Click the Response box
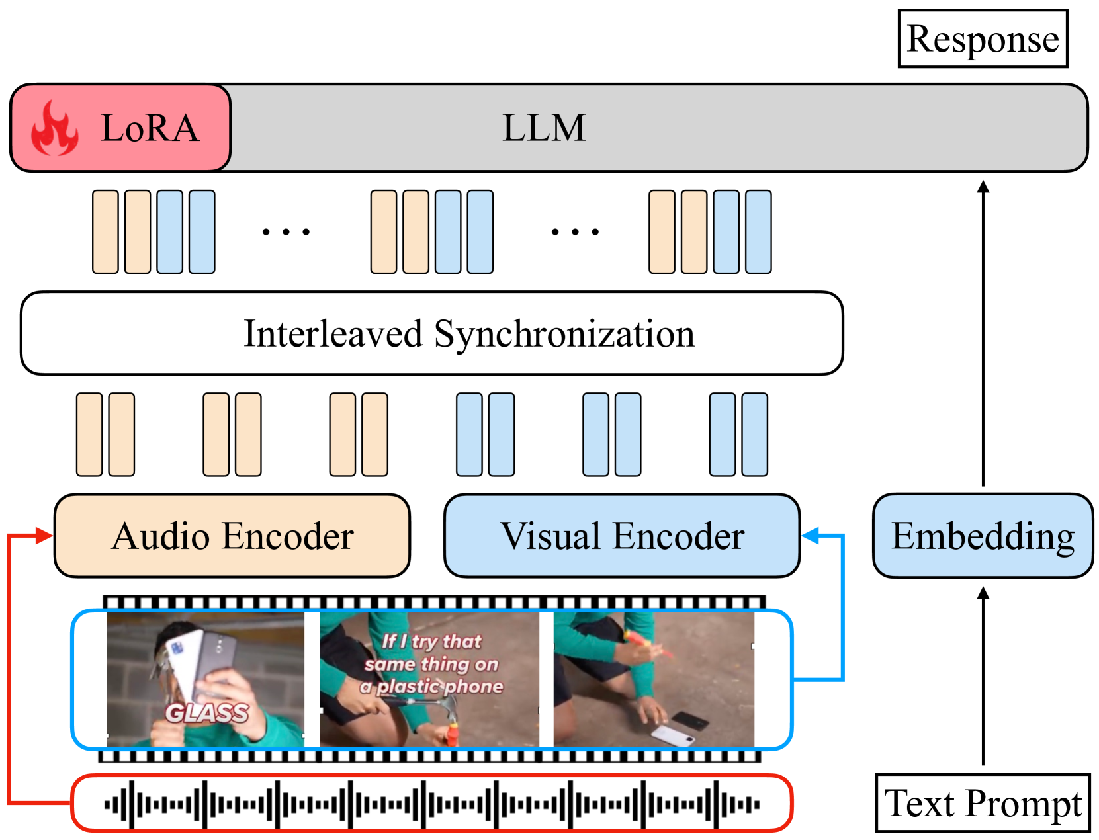point(983,38)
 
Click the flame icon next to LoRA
point(55,128)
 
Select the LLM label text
point(544,128)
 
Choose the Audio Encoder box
point(232,536)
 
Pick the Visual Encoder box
point(622,536)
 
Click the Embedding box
point(983,536)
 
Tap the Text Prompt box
point(983,803)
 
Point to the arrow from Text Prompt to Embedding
point(983,675)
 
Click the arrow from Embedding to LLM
point(983,331)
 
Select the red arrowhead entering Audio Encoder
point(44,535)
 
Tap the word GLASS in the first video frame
point(206,713)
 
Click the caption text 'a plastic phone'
point(431,687)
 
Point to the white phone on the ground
point(672,734)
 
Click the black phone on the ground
point(691,720)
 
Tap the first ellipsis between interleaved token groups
point(286,232)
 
